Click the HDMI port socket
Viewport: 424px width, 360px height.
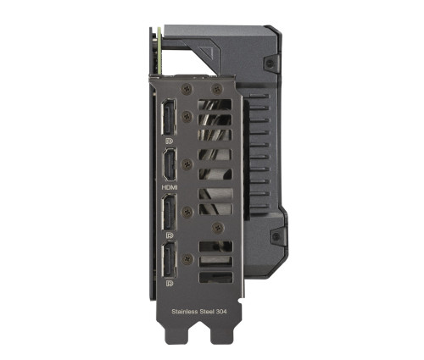point(170,164)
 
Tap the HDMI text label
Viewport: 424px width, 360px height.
point(170,187)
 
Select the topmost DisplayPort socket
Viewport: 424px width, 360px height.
point(169,117)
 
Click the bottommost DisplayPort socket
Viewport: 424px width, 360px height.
point(169,260)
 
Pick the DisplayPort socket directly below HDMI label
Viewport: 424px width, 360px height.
point(169,213)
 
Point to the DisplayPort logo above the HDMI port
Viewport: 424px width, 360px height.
point(170,141)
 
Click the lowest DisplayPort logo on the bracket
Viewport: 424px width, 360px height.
point(170,283)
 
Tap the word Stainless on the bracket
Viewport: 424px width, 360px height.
point(185,312)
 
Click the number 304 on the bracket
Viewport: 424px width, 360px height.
point(221,312)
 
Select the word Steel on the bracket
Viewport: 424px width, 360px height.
point(207,312)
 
